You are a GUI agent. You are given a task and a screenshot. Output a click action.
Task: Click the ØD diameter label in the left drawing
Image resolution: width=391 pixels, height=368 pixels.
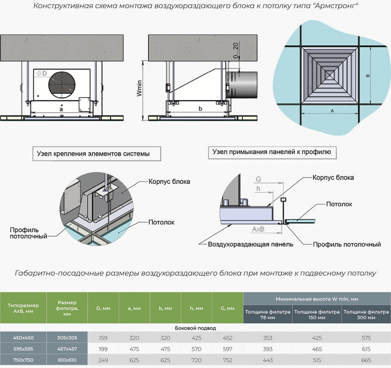coord(41,73)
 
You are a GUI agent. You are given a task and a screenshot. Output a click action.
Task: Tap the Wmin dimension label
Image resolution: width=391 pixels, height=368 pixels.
coord(139,88)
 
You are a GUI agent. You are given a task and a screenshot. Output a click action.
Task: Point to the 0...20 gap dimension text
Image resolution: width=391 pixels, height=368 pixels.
coord(236,50)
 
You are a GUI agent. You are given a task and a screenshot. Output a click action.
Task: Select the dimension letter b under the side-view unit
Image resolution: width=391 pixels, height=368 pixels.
coord(200,109)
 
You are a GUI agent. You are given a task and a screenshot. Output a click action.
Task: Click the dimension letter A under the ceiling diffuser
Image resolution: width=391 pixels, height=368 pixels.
coord(332,111)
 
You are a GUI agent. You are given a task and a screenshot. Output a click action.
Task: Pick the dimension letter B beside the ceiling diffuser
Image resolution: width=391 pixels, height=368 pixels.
coord(368,76)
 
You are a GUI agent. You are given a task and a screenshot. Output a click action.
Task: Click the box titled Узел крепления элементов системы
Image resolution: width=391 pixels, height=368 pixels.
coord(97,154)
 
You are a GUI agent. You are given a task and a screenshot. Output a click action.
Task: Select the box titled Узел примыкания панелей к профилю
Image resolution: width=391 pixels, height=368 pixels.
coord(272,152)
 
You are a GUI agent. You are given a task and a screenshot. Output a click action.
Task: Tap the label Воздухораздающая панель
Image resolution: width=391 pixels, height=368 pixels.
coord(250,244)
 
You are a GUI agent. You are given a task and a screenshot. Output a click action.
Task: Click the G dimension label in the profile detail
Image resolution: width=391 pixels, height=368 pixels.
coord(258,179)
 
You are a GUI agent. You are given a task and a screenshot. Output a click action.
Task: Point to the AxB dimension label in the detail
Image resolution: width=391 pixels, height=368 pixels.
coord(258,229)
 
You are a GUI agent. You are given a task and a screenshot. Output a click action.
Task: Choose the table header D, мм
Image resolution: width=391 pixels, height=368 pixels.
coord(103,308)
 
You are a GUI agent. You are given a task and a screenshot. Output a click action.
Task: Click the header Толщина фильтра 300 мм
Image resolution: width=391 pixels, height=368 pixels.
coord(366,315)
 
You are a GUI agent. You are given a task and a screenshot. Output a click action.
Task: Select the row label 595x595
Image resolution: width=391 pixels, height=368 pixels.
coord(23,349)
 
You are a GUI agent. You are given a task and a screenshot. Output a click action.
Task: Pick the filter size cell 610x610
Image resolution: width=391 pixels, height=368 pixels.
coord(67,360)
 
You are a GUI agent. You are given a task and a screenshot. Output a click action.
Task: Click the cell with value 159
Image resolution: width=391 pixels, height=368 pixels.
coord(103,338)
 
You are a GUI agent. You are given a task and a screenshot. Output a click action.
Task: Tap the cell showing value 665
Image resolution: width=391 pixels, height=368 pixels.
coord(366,360)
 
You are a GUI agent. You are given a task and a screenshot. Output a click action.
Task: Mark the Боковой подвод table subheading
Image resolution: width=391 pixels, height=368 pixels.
coord(195,328)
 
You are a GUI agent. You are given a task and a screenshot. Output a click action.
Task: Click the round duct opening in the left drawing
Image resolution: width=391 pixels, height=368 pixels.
coord(62,85)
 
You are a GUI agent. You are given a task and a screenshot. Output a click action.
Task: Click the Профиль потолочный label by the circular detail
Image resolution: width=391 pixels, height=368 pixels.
coord(28,233)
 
